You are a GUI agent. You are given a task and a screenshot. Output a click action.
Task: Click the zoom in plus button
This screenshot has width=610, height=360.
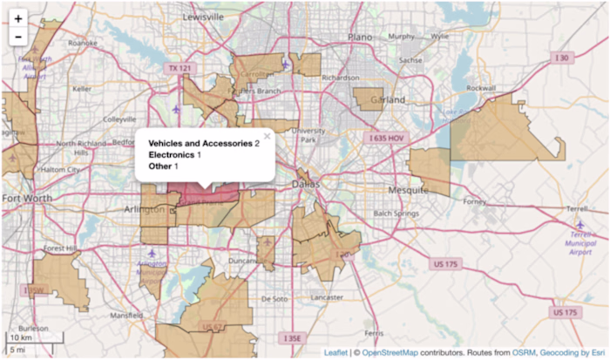click(x=18, y=18)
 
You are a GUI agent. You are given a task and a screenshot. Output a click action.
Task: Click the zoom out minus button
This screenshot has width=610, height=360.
click(x=18, y=37)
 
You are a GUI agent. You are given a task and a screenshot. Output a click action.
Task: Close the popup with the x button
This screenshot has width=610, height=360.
click(x=268, y=136)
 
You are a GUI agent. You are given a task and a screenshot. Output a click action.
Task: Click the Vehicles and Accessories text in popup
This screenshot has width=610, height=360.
click(x=200, y=142)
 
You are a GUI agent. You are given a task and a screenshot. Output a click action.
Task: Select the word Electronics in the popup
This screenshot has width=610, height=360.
click(x=172, y=154)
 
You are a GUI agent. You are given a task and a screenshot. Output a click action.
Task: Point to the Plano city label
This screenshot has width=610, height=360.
click(x=359, y=37)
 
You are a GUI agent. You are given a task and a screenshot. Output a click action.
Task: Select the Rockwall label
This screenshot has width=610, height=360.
click(x=480, y=88)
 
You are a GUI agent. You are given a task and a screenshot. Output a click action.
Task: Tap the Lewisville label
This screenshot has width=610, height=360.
click(x=204, y=17)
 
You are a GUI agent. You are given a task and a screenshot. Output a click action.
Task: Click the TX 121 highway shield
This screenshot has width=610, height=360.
click(x=180, y=68)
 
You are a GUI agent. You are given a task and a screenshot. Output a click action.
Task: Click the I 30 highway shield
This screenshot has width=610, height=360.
click(x=564, y=58)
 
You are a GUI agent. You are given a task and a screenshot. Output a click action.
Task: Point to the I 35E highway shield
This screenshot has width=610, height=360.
click(x=292, y=337)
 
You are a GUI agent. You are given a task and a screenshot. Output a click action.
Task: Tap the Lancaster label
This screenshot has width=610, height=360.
click(x=327, y=296)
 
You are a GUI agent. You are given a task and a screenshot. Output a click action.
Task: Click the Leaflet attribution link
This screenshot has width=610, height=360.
click(x=335, y=353)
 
